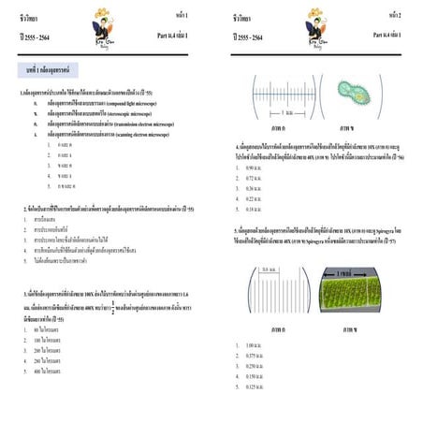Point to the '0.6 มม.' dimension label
tap(269, 270)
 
